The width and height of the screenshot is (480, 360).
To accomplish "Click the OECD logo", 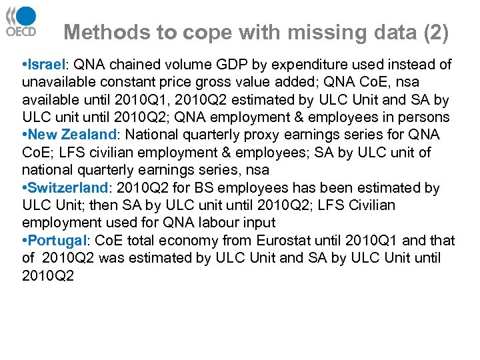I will [x=22, y=23].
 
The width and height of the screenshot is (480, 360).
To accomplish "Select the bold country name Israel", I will [x=45, y=65].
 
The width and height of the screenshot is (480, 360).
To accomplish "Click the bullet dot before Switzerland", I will [x=24, y=189].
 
